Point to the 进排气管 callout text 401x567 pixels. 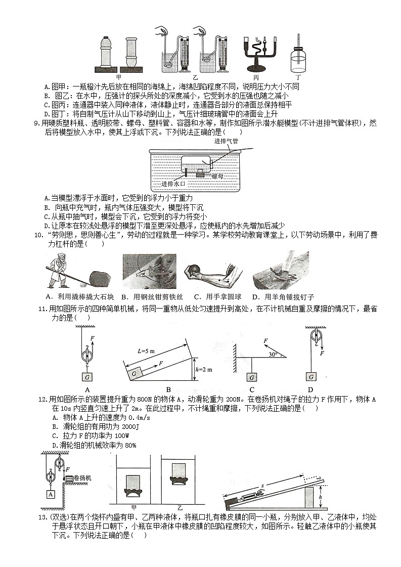click(226, 141)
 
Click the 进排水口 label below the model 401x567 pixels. click(174, 184)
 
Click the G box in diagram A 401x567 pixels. click(87, 377)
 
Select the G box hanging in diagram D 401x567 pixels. click(311, 377)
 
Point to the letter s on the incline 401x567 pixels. click(276, 485)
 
